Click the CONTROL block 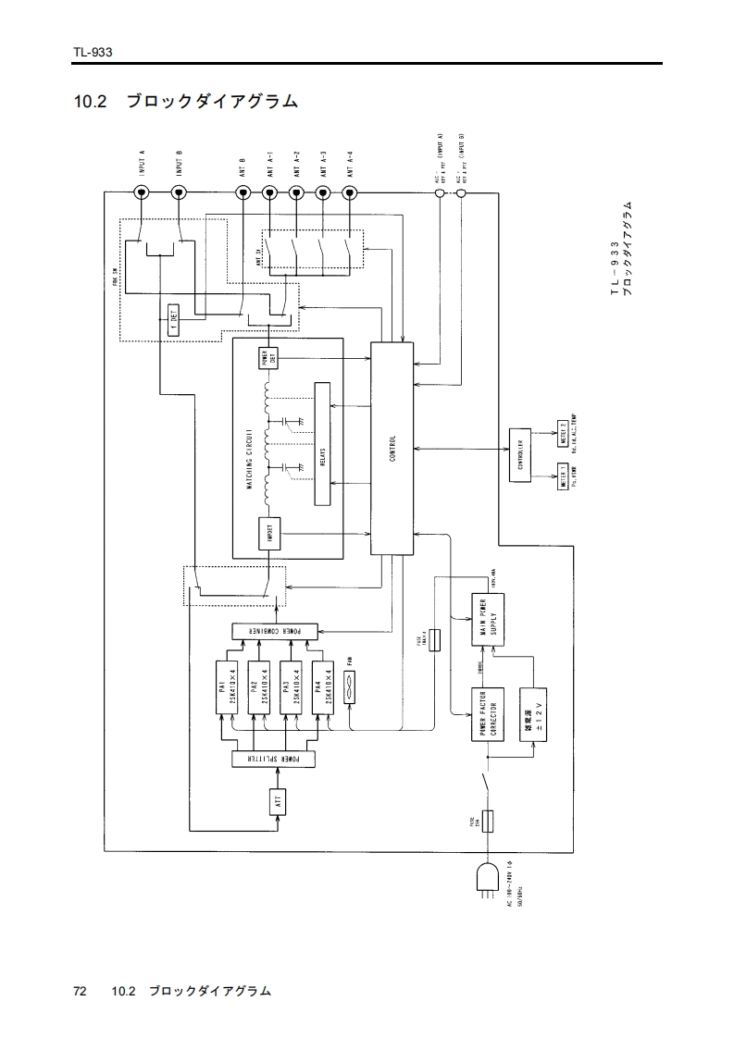[x=392, y=449]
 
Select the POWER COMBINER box [x=274, y=631]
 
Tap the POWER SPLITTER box [x=274, y=759]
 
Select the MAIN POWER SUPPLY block [x=491, y=619]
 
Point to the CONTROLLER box [x=520, y=454]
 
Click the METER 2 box [x=563, y=431]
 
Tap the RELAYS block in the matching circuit [x=323, y=444]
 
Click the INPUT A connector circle [x=143, y=192]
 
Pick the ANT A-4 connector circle [x=350, y=192]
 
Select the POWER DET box [x=269, y=357]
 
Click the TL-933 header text [x=93, y=53]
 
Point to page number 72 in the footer [x=80, y=991]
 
